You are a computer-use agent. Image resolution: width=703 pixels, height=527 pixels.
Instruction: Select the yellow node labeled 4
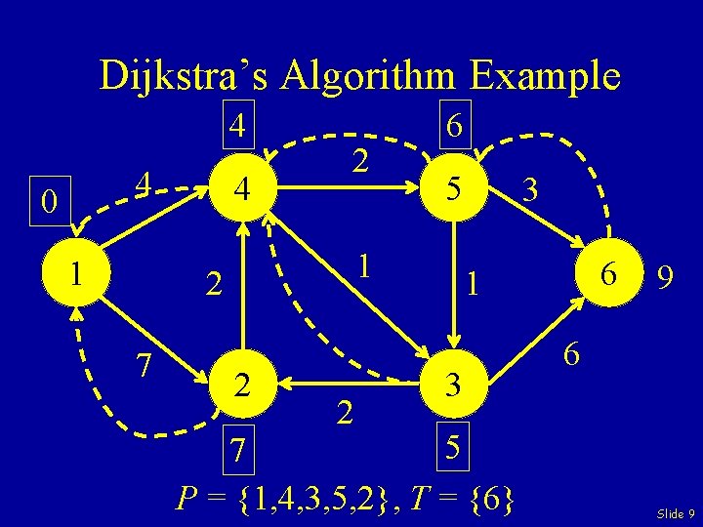click(x=241, y=187)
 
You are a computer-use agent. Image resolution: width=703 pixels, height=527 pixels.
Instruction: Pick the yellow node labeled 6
click(x=607, y=276)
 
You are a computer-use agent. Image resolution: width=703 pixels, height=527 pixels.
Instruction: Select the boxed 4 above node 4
click(x=236, y=125)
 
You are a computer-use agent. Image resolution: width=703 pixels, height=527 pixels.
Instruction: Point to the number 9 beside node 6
click(x=664, y=279)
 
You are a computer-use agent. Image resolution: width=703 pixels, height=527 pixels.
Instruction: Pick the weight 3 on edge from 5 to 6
click(x=530, y=187)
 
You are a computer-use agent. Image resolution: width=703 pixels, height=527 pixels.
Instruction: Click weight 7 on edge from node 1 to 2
click(x=143, y=364)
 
